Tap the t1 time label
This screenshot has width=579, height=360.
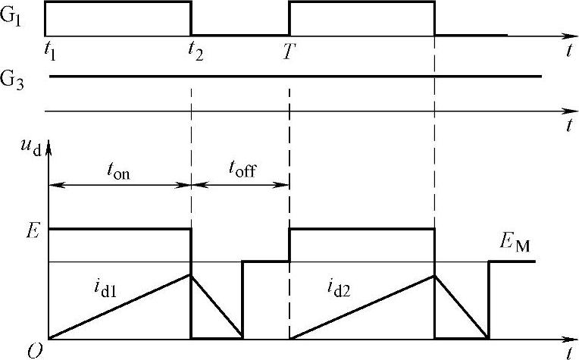pyautogui.click(x=50, y=52)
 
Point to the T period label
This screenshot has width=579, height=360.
pyautogui.click(x=289, y=52)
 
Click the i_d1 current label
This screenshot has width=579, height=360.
pyautogui.click(x=99, y=286)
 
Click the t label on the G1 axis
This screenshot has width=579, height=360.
pyautogui.click(x=568, y=52)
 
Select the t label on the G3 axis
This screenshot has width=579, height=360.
pyautogui.click(x=568, y=127)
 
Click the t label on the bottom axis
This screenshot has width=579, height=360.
pyautogui.click(x=568, y=352)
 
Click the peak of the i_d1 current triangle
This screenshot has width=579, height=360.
pyautogui.click(x=190, y=274)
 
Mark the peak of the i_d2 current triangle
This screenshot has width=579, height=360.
pyautogui.click(x=434, y=274)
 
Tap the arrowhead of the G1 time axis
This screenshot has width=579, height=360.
pyautogui.click(x=571, y=35)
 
